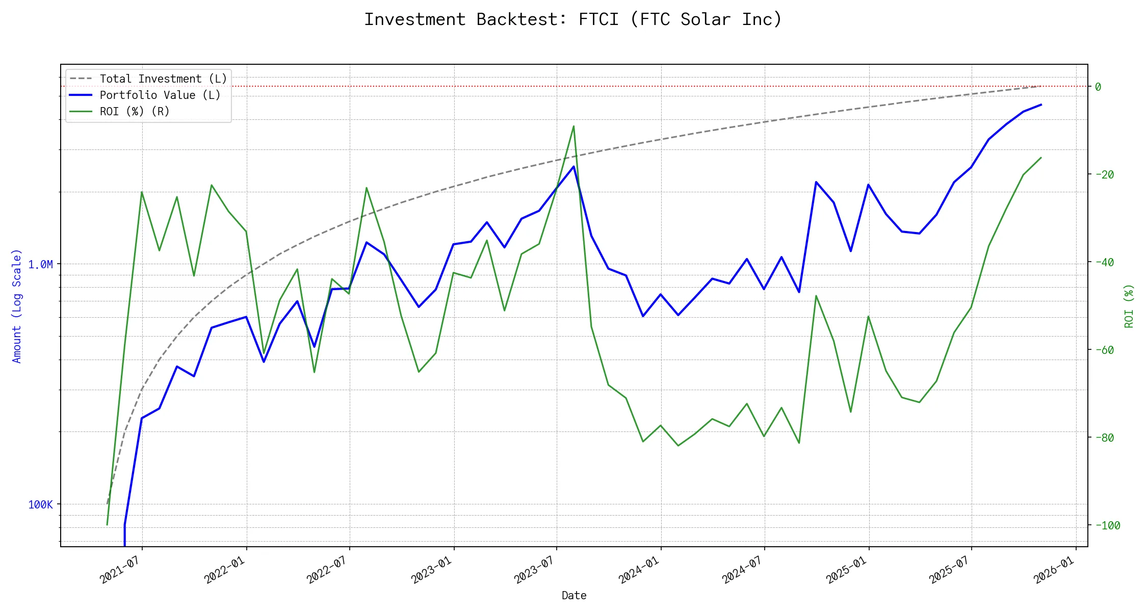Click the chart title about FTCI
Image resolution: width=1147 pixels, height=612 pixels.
click(x=573, y=19)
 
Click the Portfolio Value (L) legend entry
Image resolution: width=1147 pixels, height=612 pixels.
click(x=160, y=95)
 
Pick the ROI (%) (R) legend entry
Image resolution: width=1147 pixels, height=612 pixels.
click(x=135, y=112)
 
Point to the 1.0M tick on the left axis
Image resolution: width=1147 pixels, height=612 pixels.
click(x=41, y=264)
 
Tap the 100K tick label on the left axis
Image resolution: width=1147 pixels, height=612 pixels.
click(x=41, y=505)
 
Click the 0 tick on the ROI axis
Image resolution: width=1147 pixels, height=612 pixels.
click(x=1098, y=87)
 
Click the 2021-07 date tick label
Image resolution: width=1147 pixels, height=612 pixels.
click(x=120, y=569)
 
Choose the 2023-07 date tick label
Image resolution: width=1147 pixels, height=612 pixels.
click(x=534, y=569)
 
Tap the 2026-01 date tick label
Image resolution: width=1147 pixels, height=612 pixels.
click(x=1054, y=569)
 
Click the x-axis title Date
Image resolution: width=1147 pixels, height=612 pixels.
click(x=574, y=596)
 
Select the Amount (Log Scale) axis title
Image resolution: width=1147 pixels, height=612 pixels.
click(x=17, y=306)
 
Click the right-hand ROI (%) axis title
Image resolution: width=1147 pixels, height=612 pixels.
click(x=1129, y=306)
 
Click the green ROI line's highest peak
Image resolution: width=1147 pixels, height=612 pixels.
click(x=573, y=126)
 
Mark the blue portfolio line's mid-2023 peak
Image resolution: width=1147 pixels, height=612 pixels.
click(x=573, y=166)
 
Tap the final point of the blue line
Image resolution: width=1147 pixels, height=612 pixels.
click(x=1041, y=105)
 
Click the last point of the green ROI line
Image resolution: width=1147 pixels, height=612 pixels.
click(x=1041, y=158)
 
